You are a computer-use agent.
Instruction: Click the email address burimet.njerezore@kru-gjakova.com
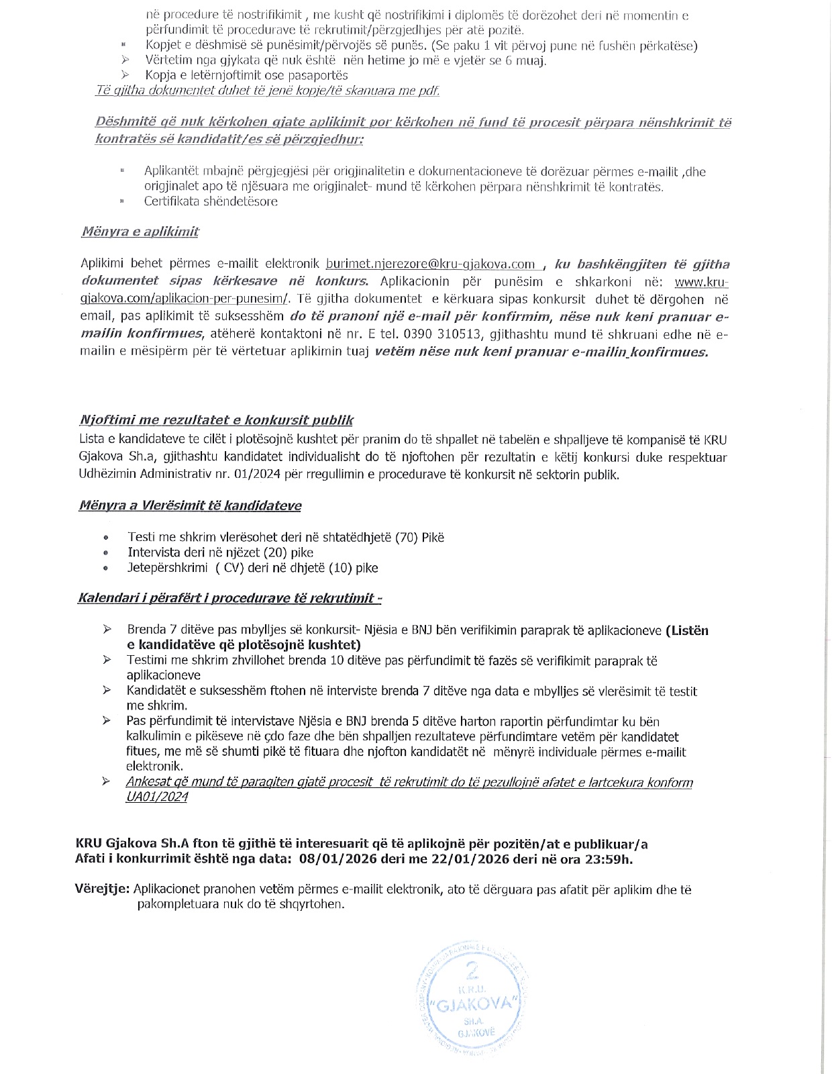430,264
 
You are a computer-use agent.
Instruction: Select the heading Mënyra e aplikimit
140,232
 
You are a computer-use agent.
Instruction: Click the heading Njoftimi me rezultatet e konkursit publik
216,421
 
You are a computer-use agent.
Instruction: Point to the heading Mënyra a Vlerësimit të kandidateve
190,505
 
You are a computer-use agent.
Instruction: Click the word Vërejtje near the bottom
102,890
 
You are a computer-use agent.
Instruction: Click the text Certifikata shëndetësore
211,201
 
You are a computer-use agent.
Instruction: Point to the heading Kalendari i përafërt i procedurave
230,598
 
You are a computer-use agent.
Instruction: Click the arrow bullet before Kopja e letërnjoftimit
125,75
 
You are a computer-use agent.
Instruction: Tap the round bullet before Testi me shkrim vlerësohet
106,538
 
